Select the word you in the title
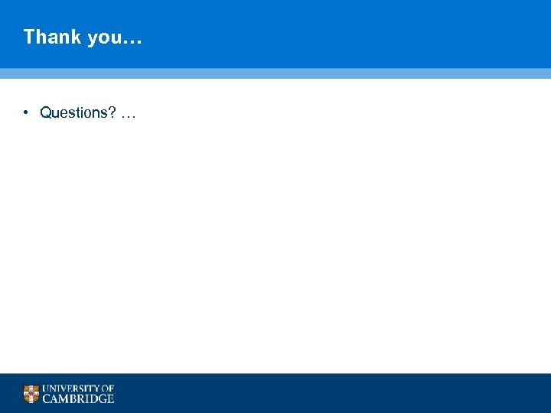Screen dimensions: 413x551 [x=104, y=37]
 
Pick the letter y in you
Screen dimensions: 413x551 [x=93, y=38]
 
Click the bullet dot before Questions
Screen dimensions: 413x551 [x=25, y=113]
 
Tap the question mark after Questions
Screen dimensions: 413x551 [x=112, y=113]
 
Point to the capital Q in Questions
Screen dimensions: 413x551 [x=46, y=113]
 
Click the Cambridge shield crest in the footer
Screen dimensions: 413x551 [x=31, y=394]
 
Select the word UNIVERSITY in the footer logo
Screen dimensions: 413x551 [x=70, y=389]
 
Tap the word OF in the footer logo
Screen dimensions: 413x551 [x=107, y=389]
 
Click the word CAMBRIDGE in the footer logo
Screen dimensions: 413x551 [x=78, y=398]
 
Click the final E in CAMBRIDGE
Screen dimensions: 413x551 [x=110, y=398]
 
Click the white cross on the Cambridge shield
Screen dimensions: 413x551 [x=31, y=394]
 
